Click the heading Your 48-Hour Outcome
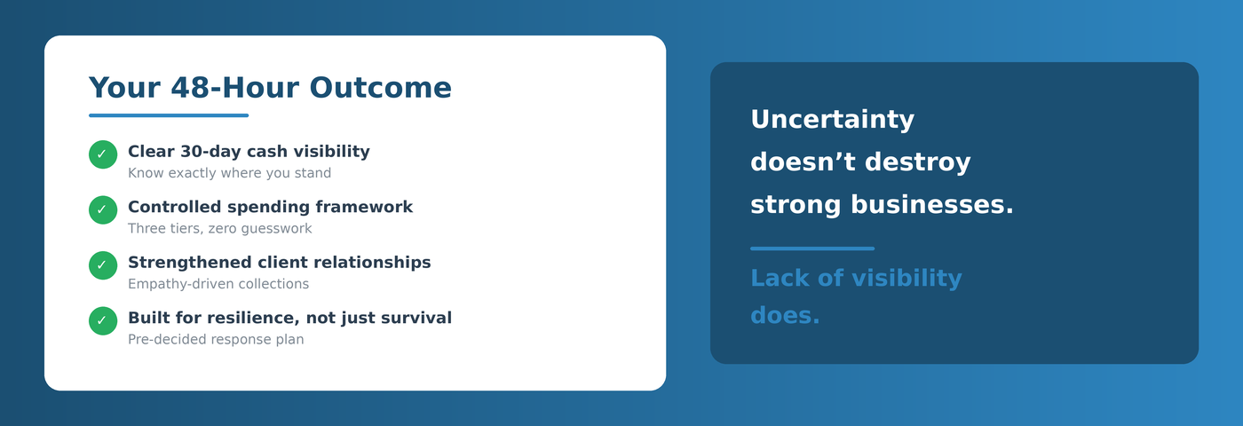click(x=270, y=88)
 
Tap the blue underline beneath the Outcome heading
click(x=169, y=115)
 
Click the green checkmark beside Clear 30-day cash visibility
click(x=103, y=154)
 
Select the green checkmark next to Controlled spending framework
click(x=103, y=209)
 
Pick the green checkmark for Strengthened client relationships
click(x=103, y=265)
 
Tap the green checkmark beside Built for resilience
click(x=103, y=320)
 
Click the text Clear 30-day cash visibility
click(x=249, y=152)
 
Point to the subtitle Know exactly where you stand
click(x=229, y=173)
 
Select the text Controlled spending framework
click(x=270, y=207)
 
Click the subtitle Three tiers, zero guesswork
click(x=220, y=229)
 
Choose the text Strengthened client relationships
click(x=279, y=263)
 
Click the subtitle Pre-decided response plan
click(x=216, y=339)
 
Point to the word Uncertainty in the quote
click(x=833, y=120)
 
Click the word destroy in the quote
click(x=918, y=162)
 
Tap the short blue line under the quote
click(x=812, y=248)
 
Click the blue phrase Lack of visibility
click(x=856, y=278)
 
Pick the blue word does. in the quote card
click(x=785, y=316)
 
